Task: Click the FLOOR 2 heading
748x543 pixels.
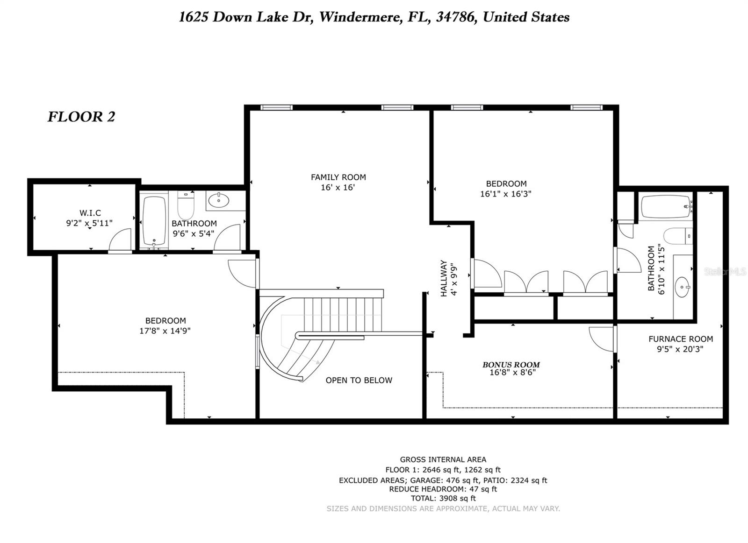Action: tap(81, 117)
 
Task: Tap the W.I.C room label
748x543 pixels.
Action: tap(90, 213)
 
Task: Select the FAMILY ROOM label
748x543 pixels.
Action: tap(338, 177)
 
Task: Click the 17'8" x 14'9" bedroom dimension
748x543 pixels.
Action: tap(165, 331)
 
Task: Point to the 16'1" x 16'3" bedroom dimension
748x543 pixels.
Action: tap(506, 194)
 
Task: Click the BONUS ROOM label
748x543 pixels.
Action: tap(511, 365)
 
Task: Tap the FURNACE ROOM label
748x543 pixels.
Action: tap(680, 339)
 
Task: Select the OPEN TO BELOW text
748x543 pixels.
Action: tap(359, 380)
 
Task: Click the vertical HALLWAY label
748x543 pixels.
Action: tap(444, 279)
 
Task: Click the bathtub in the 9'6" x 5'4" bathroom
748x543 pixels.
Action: tap(154, 220)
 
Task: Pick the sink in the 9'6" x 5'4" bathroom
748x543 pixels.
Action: tap(218, 201)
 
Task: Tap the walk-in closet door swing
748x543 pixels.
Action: tap(121, 240)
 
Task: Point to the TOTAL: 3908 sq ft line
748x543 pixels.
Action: tap(443, 498)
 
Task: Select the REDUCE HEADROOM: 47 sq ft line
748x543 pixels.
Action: tap(443, 489)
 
